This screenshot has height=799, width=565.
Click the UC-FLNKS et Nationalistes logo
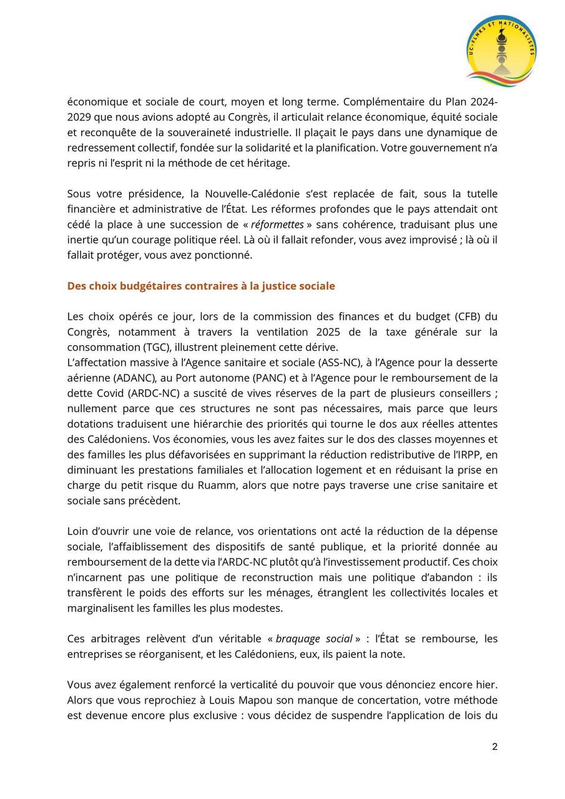point(501,51)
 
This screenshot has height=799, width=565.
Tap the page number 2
point(494,747)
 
